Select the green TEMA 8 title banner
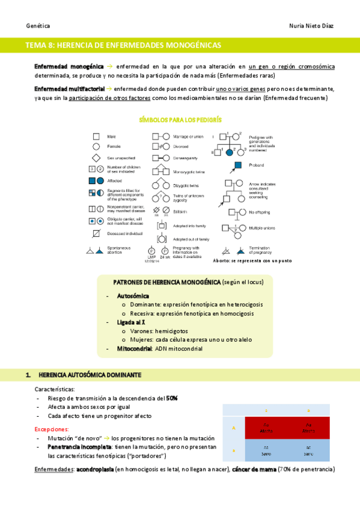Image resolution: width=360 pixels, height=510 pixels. tap(180, 45)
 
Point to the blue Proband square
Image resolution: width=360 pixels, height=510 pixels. tap(238, 165)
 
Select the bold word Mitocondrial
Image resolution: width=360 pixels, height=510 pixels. tap(135, 348)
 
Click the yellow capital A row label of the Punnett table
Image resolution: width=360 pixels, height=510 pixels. tap(234, 428)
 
